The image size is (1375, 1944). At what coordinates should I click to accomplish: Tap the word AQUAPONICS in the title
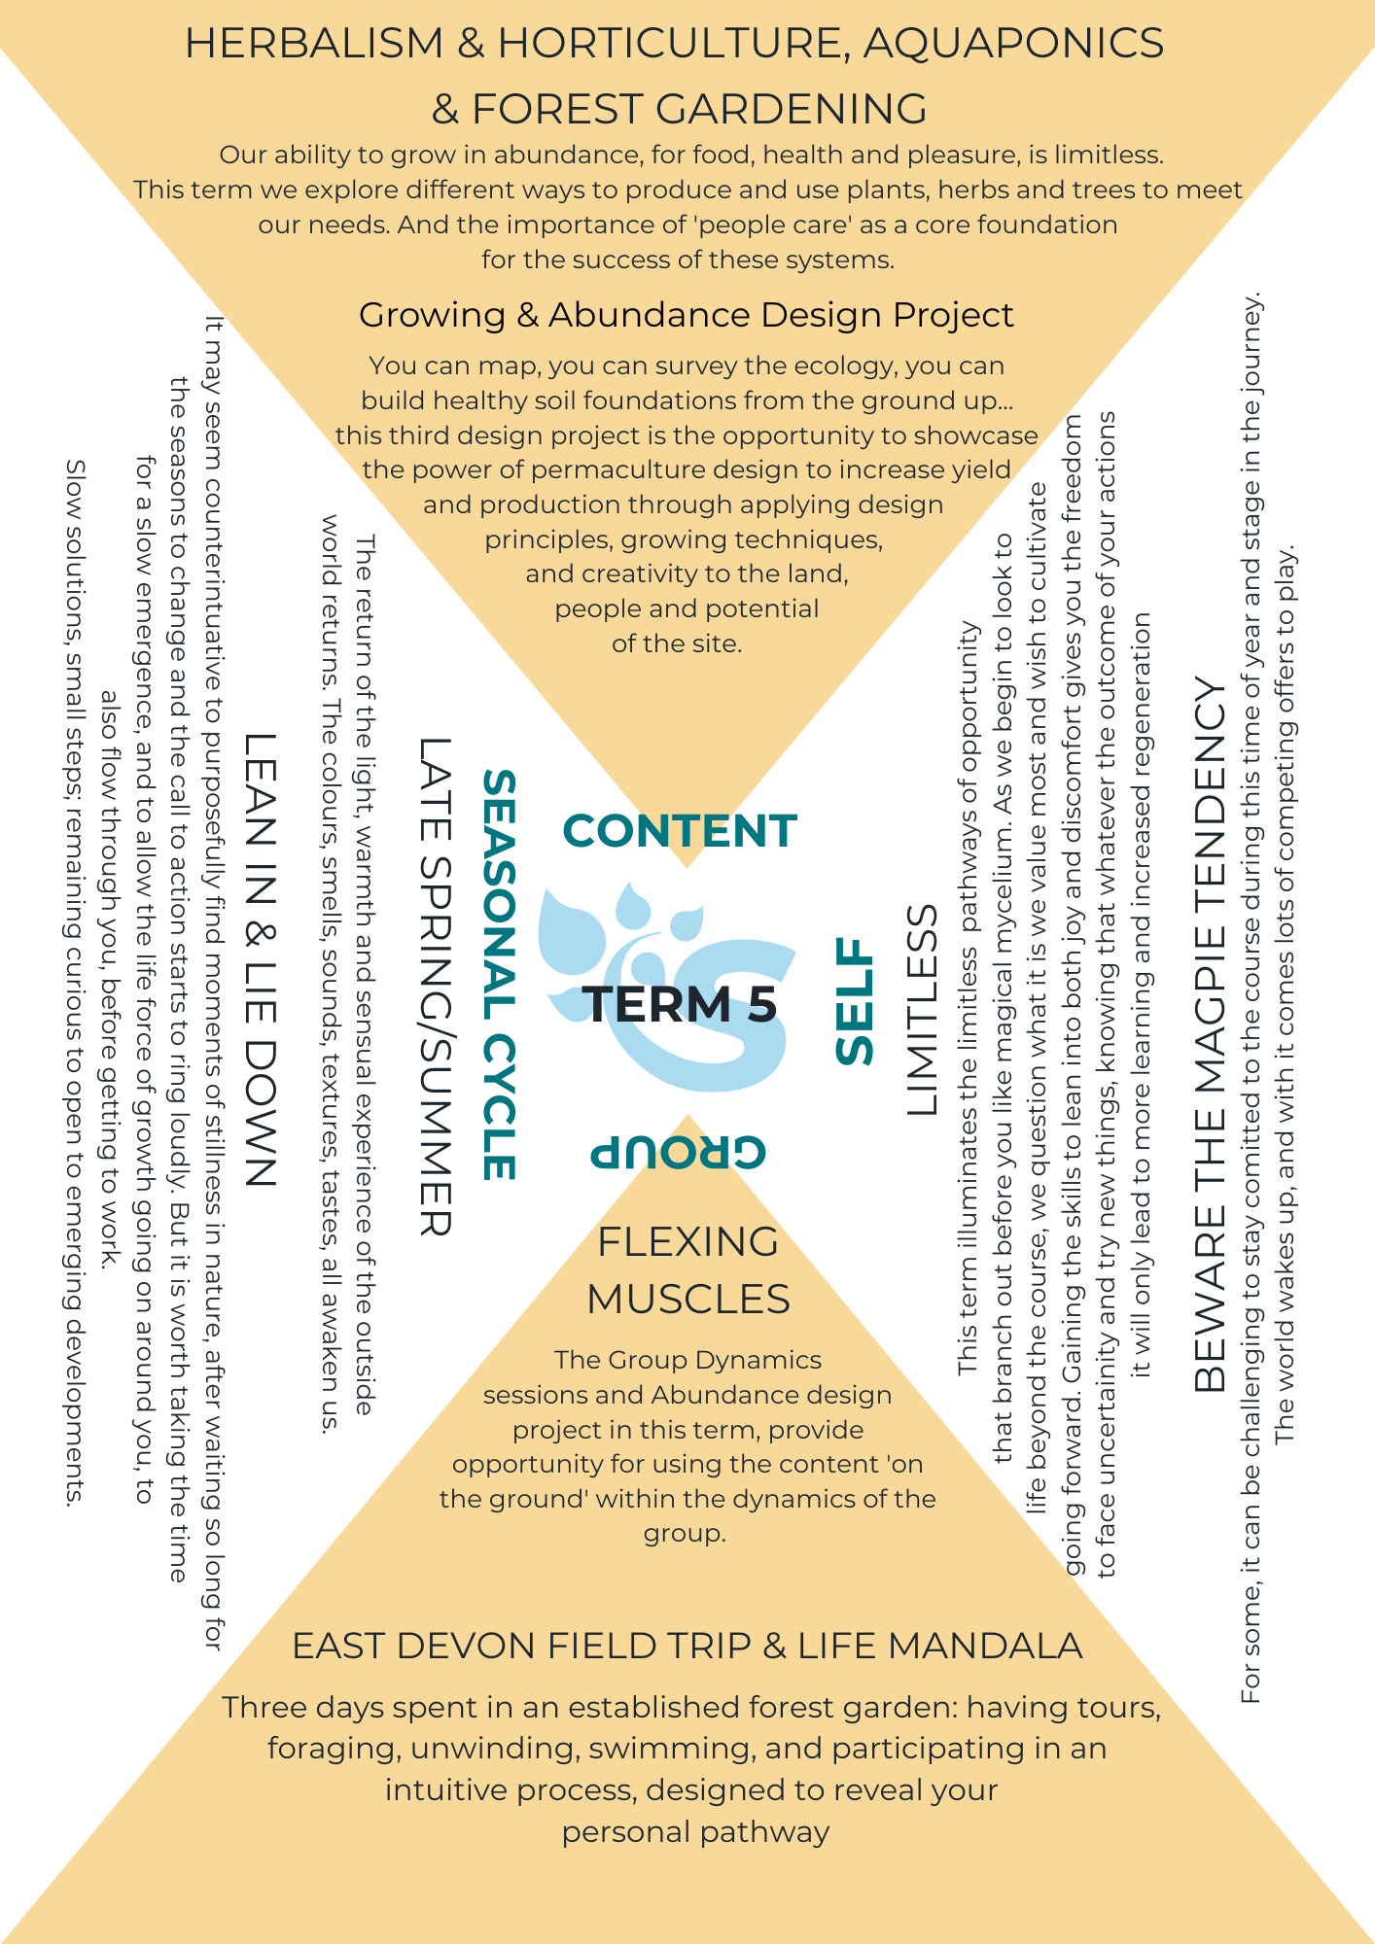tap(1013, 44)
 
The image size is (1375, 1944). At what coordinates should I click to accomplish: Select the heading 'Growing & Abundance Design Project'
tap(687, 315)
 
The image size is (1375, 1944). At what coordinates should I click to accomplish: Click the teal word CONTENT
tap(680, 831)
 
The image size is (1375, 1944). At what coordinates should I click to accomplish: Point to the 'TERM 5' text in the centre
tap(680, 1004)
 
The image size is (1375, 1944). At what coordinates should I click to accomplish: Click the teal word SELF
tap(856, 1001)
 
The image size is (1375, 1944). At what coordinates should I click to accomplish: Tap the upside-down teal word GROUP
tap(679, 1152)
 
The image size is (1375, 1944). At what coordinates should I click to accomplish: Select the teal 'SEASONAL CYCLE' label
tap(499, 975)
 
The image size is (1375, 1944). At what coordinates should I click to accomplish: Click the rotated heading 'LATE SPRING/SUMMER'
tap(435, 987)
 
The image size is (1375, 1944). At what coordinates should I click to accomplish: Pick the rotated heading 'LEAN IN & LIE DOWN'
tap(261, 960)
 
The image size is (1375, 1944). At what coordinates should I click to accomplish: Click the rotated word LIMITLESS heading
tap(922, 1010)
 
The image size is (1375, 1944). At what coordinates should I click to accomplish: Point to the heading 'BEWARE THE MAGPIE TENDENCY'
tap(1211, 1035)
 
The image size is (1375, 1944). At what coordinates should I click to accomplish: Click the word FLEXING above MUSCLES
tap(687, 1242)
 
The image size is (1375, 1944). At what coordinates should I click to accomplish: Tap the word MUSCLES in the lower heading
tap(688, 1300)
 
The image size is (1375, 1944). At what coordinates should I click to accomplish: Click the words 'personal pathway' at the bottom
tap(696, 1832)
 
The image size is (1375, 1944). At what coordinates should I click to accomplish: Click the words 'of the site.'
tap(677, 643)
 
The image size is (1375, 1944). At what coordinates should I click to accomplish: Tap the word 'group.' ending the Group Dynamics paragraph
tap(685, 1534)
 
